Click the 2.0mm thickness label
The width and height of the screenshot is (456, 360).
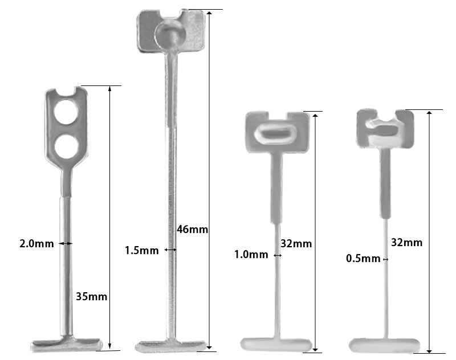(x=36, y=244)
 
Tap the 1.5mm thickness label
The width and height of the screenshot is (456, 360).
(x=141, y=250)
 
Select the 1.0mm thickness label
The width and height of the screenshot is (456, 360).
(x=251, y=255)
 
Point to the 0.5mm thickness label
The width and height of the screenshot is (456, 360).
(x=363, y=259)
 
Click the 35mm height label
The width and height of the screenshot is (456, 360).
(x=92, y=296)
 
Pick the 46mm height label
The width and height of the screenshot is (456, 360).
(x=192, y=230)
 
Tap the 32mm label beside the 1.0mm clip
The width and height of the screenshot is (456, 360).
(x=296, y=244)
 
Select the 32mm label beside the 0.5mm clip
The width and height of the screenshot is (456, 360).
(x=406, y=242)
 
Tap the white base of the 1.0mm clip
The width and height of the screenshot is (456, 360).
(x=277, y=344)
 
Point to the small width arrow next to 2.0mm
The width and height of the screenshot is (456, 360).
(x=66, y=243)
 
